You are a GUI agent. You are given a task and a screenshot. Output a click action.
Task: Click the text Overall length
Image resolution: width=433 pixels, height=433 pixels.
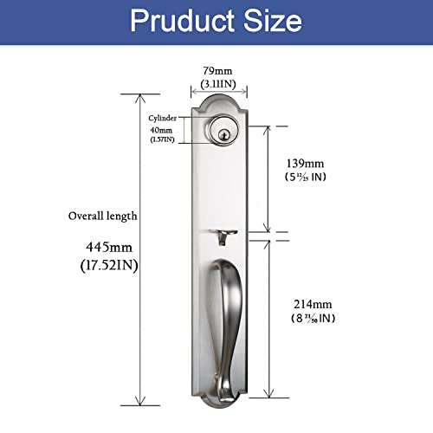[103, 215]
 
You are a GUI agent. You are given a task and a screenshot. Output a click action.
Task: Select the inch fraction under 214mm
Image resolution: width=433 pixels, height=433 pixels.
[314, 319]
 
